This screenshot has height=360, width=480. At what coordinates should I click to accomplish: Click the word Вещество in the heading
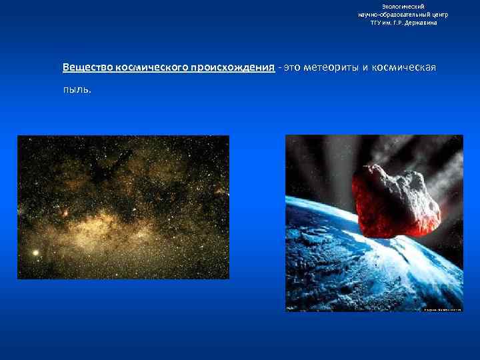[x=87, y=69]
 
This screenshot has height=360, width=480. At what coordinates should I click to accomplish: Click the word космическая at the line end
[x=405, y=69]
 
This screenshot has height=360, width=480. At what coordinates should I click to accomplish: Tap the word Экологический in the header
[x=403, y=6]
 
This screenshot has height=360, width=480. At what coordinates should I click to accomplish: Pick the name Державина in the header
[x=419, y=23]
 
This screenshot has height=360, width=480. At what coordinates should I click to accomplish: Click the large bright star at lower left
[x=35, y=253]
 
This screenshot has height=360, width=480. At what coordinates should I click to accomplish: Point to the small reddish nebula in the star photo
[x=65, y=213]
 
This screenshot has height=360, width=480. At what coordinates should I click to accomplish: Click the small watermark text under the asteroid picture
[x=442, y=309]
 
